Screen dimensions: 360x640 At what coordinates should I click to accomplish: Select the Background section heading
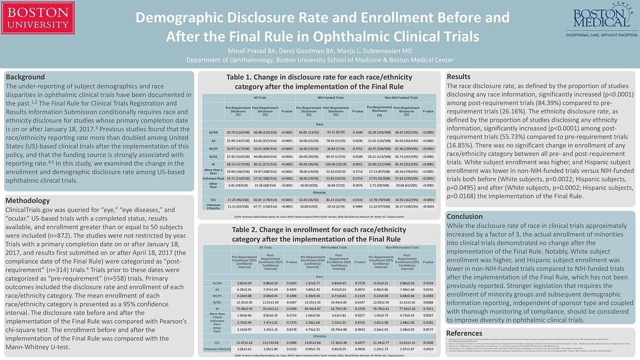pyautogui.click(x=25, y=77)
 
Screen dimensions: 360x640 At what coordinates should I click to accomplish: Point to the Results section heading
pyautogui.click(x=459, y=76)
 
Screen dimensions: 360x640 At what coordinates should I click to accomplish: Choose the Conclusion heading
pyautogui.click(x=465, y=217)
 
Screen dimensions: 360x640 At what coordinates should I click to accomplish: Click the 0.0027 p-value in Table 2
pyautogui.click(x=428, y=315)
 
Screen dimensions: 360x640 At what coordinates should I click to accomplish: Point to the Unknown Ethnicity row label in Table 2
pyautogui.click(x=217, y=349)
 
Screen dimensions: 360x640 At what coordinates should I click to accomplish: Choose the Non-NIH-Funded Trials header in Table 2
pyautogui.click(x=402, y=247)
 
